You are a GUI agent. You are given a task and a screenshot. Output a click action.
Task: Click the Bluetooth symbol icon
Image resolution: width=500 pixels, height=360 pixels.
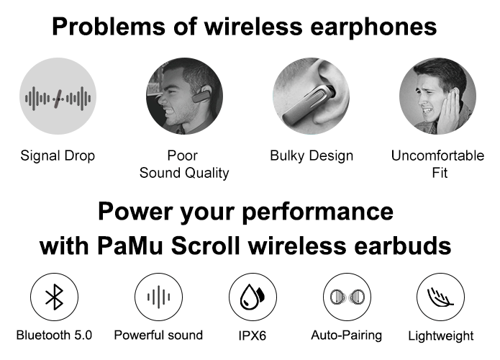point(54,297)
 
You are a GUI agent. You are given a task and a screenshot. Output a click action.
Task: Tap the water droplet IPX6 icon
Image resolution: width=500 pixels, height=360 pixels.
point(253,297)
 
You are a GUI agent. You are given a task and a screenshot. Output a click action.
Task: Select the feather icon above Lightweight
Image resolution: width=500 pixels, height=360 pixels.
point(440,297)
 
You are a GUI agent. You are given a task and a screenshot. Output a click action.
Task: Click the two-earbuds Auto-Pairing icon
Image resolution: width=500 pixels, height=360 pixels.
point(347,297)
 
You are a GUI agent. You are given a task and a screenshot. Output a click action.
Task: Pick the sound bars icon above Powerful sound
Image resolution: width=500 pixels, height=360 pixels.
point(158,297)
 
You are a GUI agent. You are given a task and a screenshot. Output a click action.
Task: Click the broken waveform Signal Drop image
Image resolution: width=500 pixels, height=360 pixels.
point(58,96)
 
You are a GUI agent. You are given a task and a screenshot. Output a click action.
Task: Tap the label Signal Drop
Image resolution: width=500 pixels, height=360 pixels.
point(58,156)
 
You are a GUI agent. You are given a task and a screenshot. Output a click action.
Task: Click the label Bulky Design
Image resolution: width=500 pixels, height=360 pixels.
point(312,156)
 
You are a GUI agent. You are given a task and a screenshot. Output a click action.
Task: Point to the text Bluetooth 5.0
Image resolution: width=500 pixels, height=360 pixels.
point(54,335)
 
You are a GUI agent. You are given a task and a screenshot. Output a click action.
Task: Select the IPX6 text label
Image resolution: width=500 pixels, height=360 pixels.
point(253,336)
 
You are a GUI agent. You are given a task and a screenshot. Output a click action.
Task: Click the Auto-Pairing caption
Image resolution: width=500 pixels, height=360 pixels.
point(347,336)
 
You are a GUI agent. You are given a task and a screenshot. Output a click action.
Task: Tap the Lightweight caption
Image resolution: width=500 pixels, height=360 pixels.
point(441,336)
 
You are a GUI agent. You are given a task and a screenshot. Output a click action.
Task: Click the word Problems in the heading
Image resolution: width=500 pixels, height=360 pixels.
point(109,27)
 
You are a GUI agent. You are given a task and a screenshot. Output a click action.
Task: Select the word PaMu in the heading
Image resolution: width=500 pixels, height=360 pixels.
point(130,246)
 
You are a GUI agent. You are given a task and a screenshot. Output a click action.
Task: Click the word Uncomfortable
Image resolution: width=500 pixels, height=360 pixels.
point(437,156)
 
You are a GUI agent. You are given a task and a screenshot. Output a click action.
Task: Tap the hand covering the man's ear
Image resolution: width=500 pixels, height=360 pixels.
point(448,111)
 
